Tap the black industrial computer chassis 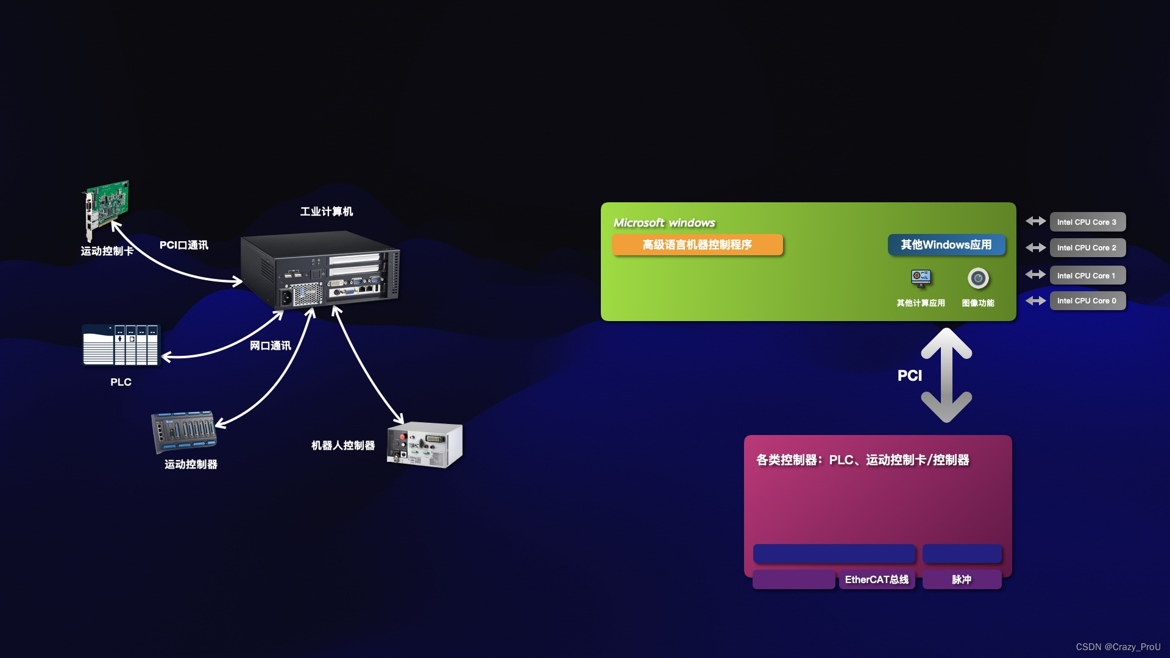click(320, 271)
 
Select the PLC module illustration click(121, 345)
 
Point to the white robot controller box click(425, 445)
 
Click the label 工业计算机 click(326, 211)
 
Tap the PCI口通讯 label click(183, 245)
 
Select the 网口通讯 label click(270, 345)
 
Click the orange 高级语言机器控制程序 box click(697, 245)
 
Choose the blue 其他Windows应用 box click(946, 245)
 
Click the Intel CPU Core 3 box click(1087, 222)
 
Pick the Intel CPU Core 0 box click(1087, 301)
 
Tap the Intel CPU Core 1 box click(1087, 275)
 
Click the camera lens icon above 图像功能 click(978, 278)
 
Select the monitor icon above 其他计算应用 click(921, 278)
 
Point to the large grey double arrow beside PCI click(946, 375)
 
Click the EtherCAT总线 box click(876, 579)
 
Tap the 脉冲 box click(962, 579)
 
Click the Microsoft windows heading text click(664, 223)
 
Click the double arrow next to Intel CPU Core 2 click(1035, 247)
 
